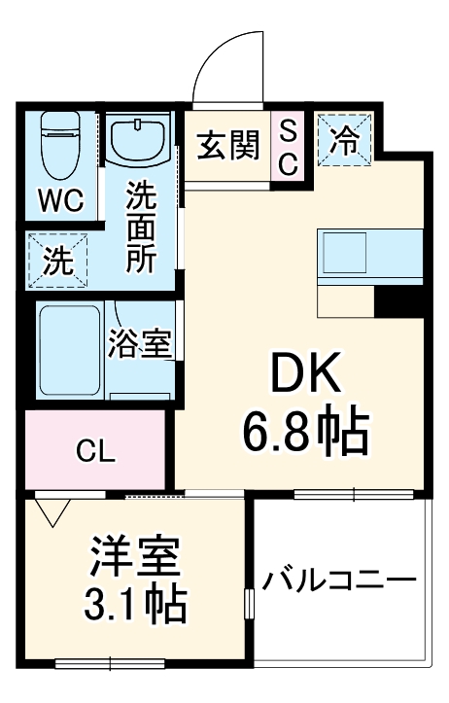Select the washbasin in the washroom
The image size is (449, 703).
click(x=139, y=142)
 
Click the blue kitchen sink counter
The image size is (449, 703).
click(x=371, y=256)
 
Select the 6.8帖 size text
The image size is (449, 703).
click(x=305, y=434)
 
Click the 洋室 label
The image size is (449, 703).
click(x=135, y=557)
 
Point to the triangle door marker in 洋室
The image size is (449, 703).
click(x=50, y=509)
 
